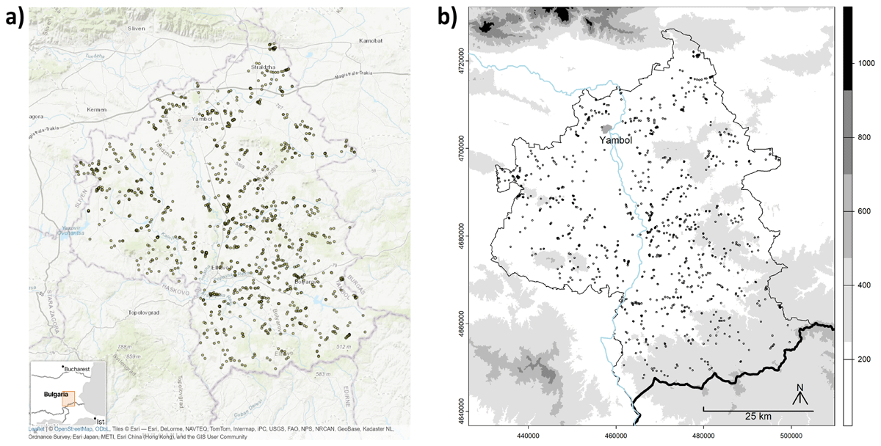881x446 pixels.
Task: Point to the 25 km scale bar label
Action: pyautogui.click(x=758, y=417)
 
